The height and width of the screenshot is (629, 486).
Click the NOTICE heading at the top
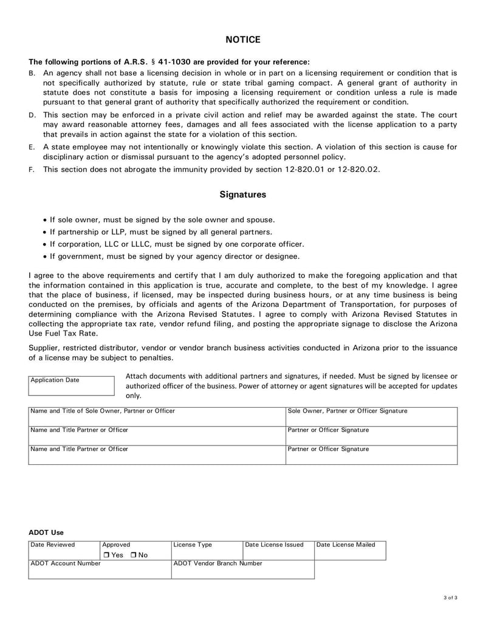click(243, 40)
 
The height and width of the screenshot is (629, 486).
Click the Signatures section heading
click(242, 195)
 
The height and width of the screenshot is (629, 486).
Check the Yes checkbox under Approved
click(106, 555)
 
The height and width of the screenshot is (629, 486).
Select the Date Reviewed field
click(64, 550)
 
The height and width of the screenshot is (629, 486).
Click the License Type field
click(207, 550)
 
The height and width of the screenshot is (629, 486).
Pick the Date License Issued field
click(278, 550)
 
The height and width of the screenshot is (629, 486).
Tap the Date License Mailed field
click(350, 550)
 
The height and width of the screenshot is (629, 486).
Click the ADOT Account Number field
click(100, 569)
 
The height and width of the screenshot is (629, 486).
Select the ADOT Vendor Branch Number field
click(243, 569)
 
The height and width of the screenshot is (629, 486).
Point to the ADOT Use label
click(46, 532)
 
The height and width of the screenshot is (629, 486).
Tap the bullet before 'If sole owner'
click(45, 220)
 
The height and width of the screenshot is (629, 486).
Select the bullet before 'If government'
click(45, 256)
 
